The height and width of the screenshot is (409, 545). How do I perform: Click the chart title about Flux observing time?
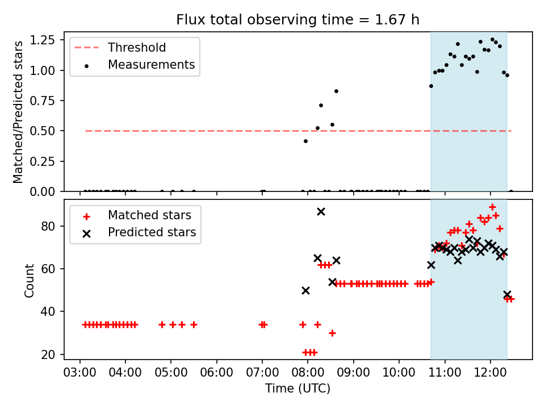(297, 19)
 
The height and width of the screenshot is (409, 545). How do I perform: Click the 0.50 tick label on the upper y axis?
(43, 131)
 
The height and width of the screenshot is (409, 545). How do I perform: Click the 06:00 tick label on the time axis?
(216, 373)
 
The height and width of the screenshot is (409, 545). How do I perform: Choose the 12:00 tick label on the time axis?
(490, 373)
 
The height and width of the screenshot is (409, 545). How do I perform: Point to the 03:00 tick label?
(80, 373)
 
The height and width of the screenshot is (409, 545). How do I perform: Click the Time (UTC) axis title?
(297, 388)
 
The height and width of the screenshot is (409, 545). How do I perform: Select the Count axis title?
(29, 280)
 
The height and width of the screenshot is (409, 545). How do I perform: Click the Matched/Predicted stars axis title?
(18, 112)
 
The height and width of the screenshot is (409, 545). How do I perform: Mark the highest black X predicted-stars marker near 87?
(321, 211)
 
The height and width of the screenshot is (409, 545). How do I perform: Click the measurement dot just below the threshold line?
(305, 141)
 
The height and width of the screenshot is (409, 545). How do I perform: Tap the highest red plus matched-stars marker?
(492, 207)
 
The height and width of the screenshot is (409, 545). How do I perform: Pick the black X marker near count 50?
(305, 290)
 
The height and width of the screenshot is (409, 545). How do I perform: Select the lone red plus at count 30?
(332, 333)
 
